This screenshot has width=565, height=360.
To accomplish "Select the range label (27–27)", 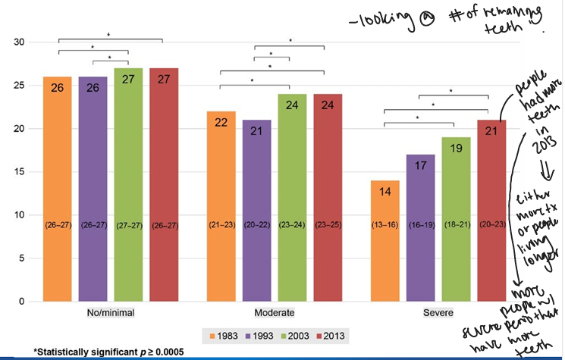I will pyautogui.click(x=129, y=224).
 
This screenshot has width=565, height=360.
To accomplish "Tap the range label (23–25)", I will pyautogui.click(x=329, y=224).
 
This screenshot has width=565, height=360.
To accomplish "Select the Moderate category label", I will pyautogui.click(x=275, y=312).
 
